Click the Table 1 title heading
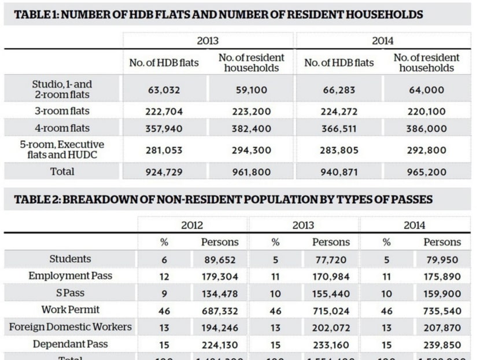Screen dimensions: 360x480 pyautogui.click(x=218, y=14)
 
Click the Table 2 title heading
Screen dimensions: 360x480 pyautogui.click(x=222, y=200)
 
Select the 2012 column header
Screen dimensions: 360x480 pyautogui.click(x=192, y=225)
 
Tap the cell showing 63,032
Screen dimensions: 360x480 pyautogui.click(x=164, y=90)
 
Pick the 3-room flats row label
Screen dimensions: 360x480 pyautogui.click(x=62, y=111)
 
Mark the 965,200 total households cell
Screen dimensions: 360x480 pyautogui.click(x=426, y=172)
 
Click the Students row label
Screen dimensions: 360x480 pyautogui.click(x=70, y=259)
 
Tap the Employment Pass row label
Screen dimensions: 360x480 pyautogui.click(x=70, y=276)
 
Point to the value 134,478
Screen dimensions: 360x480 pyautogui.click(x=219, y=293)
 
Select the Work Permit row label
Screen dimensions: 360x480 pyautogui.click(x=70, y=310)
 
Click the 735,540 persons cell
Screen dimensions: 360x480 pyautogui.click(x=442, y=311)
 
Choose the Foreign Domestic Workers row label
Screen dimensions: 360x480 pyautogui.click(x=70, y=327)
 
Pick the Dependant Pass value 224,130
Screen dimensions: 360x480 pyautogui.click(x=219, y=345)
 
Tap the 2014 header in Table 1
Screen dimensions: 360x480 pyautogui.click(x=382, y=41)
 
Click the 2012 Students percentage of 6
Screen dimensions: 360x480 pyautogui.click(x=164, y=260)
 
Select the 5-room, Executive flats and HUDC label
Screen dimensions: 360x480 pyautogui.click(x=62, y=150)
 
